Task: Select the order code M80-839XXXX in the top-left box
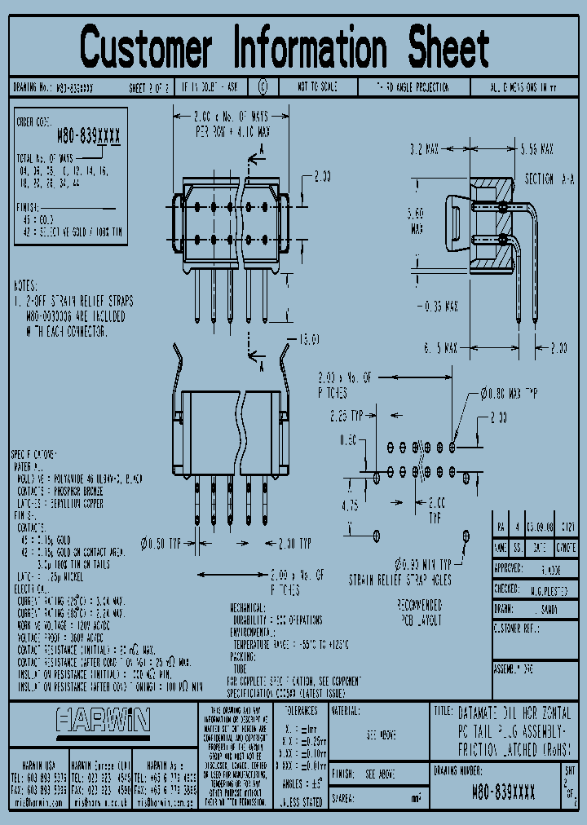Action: click(x=88, y=138)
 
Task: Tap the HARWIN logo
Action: click(x=103, y=720)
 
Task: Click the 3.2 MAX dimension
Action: click(x=423, y=149)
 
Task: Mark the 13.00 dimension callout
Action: click(x=309, y=339)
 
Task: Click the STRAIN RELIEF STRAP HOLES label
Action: click(x=399, y=580)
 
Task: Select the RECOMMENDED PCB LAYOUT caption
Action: click(x=419, y=612)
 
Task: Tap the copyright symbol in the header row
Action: click(x=262, y=86)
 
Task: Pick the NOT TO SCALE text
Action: click(x=317, y=86)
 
